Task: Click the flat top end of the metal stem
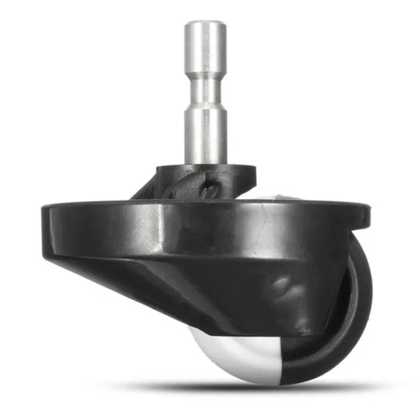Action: coord(205,23)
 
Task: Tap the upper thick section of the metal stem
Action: coord(205,52)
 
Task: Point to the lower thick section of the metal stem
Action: coord(205,134)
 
